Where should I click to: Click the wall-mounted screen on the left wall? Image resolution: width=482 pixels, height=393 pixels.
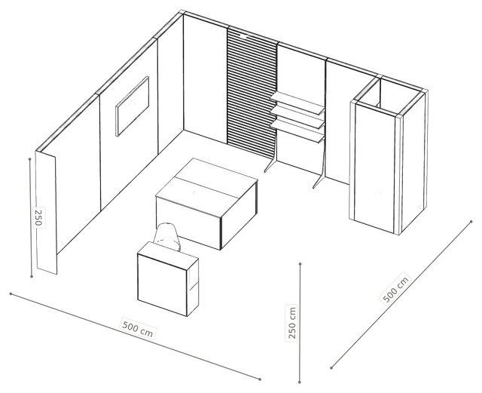coord(133,106)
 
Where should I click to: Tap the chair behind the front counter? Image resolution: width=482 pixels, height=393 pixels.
coord(167,236)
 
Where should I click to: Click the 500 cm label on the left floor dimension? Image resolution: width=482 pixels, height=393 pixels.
coord(137,327)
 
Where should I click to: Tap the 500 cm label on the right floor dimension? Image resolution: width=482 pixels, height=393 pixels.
coord(396,289)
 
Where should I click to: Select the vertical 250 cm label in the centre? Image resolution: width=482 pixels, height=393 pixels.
coord(291,322)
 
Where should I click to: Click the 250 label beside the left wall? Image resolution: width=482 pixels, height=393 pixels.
coord(38,217)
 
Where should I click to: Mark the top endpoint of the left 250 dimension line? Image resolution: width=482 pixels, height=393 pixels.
coord(30,159)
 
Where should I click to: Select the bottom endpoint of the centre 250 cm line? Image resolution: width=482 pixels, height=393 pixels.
coord(300,382)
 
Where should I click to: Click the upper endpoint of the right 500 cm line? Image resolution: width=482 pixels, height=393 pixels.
coord(471,222)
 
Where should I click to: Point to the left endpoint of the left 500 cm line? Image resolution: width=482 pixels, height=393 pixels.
coord(11,294)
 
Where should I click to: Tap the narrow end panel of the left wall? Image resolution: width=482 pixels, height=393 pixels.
coord(46,213)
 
